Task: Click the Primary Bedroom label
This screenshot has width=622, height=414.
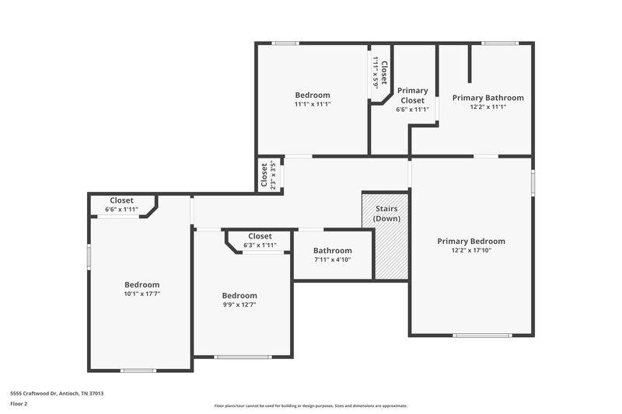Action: pyautogui.click(x=470, y=241)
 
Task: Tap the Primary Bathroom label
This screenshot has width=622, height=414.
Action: pyautogui.click(x=487, y=98)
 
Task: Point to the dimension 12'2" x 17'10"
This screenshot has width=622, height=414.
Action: pyautogui.click(x=470, y=251)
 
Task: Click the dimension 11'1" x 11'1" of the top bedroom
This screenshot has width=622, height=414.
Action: pyautogui.click(x=312, y=104)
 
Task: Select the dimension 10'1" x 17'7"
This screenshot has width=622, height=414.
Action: pyautogui.click(x=142, y=294)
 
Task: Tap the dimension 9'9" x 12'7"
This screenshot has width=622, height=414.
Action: pyautogui.click(x=239, y=305)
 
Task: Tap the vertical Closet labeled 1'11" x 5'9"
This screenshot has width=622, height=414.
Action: pyautogui.click(x=381, y=73)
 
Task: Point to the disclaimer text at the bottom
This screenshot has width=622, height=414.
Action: pyautogui.click(x=310, y=405)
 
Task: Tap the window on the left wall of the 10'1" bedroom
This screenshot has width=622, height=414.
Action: pyautogui.click(x=89, y=256)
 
